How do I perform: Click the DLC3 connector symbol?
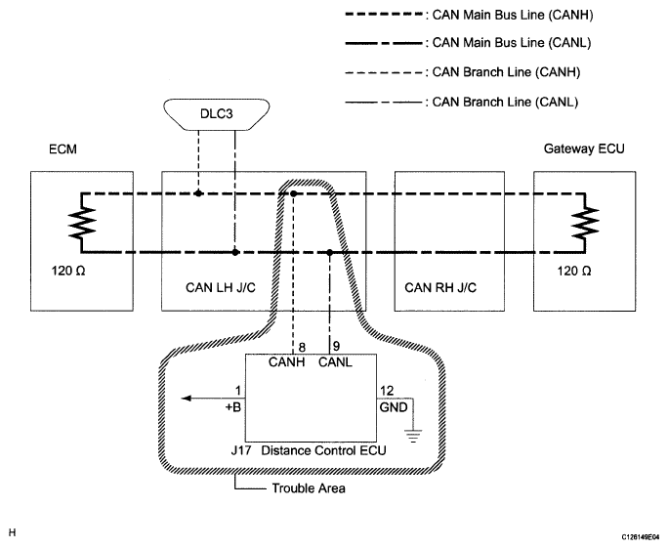coord(217,114)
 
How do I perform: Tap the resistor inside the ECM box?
coord(82,222)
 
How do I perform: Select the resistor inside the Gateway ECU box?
coord(585,222)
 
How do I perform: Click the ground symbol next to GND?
coord(413,436)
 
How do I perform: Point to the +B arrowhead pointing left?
coord(187,399)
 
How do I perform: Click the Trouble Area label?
coord(309,488)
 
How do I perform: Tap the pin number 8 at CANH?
coord(302,347)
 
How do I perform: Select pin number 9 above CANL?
coord(336,346)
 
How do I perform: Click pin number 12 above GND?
coord(387,391)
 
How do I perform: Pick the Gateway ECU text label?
coord(584,148)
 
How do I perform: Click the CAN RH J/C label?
coord(440,288)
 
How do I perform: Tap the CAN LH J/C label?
coord(221,288)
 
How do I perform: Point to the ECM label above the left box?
coord(63,149)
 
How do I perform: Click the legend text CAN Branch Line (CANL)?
coord(505,103)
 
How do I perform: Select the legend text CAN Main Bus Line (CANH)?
coord(513,15)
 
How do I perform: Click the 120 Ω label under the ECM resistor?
coord(68,271)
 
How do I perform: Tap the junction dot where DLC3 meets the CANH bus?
coord(198,193)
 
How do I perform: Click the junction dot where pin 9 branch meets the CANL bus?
coord(329,252)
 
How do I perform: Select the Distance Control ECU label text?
coord(323,450)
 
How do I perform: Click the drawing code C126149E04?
coord(640,536)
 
